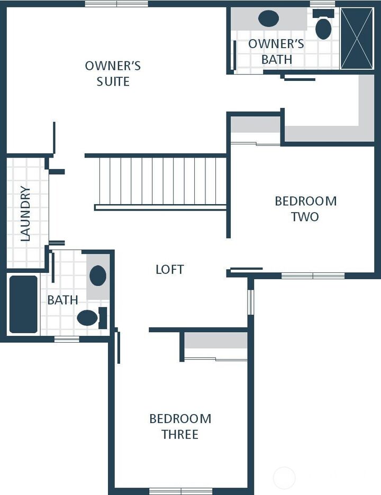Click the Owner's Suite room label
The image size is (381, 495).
[x=113, y=74]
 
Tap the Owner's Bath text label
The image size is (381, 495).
[x=276, y=51]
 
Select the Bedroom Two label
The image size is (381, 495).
[x=305, y=208]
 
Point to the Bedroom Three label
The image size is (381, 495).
[x=180, y=426]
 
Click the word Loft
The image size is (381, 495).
[x=169, y=269]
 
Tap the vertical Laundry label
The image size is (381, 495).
[x=25, y=214]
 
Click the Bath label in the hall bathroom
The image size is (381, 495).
[x=62, y=300]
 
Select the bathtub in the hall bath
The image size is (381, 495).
[x=23, y=304]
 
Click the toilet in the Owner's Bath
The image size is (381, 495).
[x=323, y=26]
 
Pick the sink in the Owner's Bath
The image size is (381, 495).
[x=268, y=19]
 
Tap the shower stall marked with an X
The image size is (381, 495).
[x=357, y=38]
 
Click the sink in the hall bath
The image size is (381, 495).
[x=98, y=276]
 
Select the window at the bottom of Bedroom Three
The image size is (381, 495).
[x=181, y=490]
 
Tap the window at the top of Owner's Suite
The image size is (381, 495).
[x=116, y=4]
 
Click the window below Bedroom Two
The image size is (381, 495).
[x=313, y=276]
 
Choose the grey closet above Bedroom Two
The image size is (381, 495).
[x=255, y=125]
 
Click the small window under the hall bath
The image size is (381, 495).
[x=67, y=339]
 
